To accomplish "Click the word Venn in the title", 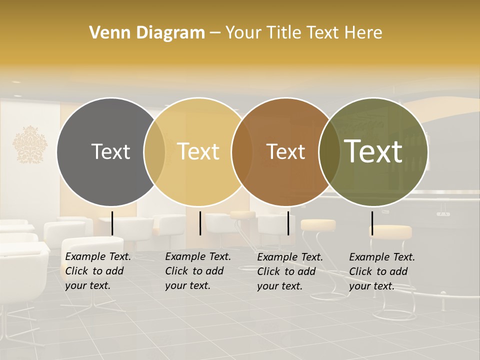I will [x=105, y=33].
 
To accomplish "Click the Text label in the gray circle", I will [x=110, y=151].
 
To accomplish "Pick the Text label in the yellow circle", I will [x=198, y=151].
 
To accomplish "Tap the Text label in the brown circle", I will [x=285, y=151].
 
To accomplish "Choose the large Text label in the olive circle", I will [x=373, y=151].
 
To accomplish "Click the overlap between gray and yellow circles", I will [x=154, y=152].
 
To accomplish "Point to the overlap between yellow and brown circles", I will [x=242, y=152].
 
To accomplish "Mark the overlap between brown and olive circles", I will [x=329, y=152].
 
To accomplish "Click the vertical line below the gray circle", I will [x=112, y=223].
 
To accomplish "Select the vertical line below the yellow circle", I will [x=200, y=223].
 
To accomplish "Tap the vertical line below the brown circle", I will [x=288, y=223].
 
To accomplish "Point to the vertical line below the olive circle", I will [x=372, y=223].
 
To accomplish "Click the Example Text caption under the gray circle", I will [x=98, y=271].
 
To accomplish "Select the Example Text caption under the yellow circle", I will [x=198, y=271].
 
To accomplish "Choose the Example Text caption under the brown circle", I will [x=290, y=271].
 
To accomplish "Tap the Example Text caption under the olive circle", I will [x=382, y=271].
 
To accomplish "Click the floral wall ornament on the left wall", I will [x=30, y=144].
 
